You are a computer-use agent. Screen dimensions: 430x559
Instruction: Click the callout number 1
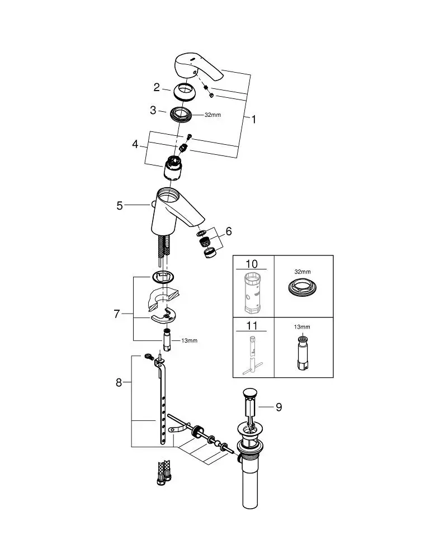(x=253, y=120)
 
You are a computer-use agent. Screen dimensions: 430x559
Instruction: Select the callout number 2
(x=157, y=87)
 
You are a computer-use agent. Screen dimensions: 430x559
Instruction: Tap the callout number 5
(x=120, y=206)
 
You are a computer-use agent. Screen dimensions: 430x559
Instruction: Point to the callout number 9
(x=278, y=407)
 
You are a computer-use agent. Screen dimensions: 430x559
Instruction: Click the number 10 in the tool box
(x=252, y=264)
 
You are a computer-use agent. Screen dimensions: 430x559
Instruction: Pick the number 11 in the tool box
(x=252, y=325)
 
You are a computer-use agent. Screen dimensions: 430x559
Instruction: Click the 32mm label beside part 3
(x=212, y=115)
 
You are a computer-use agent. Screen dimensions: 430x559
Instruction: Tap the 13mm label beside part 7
(x=189, y=340)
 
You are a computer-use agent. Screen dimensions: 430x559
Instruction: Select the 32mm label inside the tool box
(x=303, y=272)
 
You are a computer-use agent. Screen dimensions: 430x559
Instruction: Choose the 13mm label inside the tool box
(x=302, y=327)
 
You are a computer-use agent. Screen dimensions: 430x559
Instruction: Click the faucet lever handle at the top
(x=199, y=67)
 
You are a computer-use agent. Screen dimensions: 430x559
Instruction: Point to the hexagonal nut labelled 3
(x=181, y=115)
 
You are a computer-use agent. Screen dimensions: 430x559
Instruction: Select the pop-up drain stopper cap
(x=249, y=393)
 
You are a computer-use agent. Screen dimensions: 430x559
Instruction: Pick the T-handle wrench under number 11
(x=252, y=356)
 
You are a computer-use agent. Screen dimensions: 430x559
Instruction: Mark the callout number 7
(x=117, y=314)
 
